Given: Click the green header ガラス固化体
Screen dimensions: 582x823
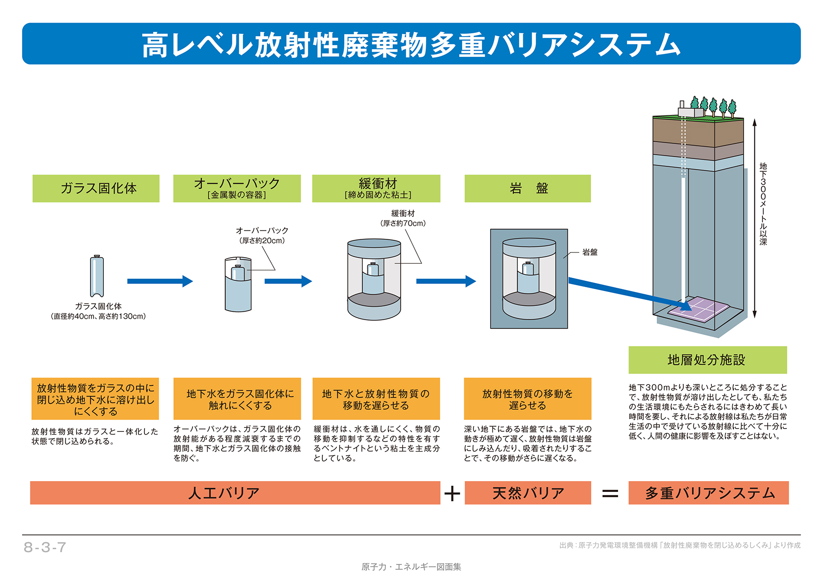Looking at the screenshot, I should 96,188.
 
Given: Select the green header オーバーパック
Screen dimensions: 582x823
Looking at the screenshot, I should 237,188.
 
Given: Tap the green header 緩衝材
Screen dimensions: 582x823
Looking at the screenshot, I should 376,188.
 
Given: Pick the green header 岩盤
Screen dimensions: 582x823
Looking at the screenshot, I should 527,188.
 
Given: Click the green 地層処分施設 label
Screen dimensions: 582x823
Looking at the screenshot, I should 707,360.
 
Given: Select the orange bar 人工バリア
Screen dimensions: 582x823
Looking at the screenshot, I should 235,493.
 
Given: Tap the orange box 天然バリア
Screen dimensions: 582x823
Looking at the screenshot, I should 527,493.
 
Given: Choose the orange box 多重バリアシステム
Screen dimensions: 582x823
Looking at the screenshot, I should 709,493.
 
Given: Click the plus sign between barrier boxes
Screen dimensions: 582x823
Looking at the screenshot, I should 452,494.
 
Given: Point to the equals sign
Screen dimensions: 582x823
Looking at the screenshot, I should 610,494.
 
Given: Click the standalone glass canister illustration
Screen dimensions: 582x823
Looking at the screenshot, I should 97,276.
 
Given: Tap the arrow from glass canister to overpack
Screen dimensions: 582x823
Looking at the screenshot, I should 160,281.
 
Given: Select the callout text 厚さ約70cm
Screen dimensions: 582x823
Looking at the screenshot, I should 403,223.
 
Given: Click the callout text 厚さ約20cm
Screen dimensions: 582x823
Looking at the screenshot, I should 262,241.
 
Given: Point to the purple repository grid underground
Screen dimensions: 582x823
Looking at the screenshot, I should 699,308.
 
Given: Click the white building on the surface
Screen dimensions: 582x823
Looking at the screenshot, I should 690,110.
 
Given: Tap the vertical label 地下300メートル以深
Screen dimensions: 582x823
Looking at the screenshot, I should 763,204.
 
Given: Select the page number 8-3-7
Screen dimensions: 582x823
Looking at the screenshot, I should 45,547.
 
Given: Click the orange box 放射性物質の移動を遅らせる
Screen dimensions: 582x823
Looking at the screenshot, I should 527,399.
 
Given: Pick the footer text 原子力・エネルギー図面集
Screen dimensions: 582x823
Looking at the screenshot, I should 411,567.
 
